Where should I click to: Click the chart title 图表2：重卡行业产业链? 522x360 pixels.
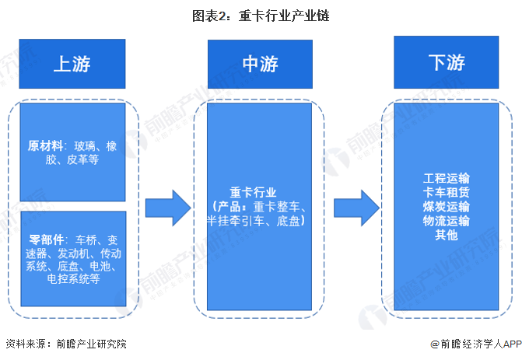click(261, 16)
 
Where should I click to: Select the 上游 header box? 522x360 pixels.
click(72, 63)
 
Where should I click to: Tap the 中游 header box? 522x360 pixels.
click(261, 63)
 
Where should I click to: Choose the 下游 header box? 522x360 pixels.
click(446, 62)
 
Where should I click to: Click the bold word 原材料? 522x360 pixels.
click(44, 146)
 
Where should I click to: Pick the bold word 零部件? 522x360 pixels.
click(44, 239)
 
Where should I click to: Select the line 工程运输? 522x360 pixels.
click(447, 179)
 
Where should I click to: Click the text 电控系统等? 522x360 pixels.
click(73, 281)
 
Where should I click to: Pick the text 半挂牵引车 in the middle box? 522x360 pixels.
click(229, 222)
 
